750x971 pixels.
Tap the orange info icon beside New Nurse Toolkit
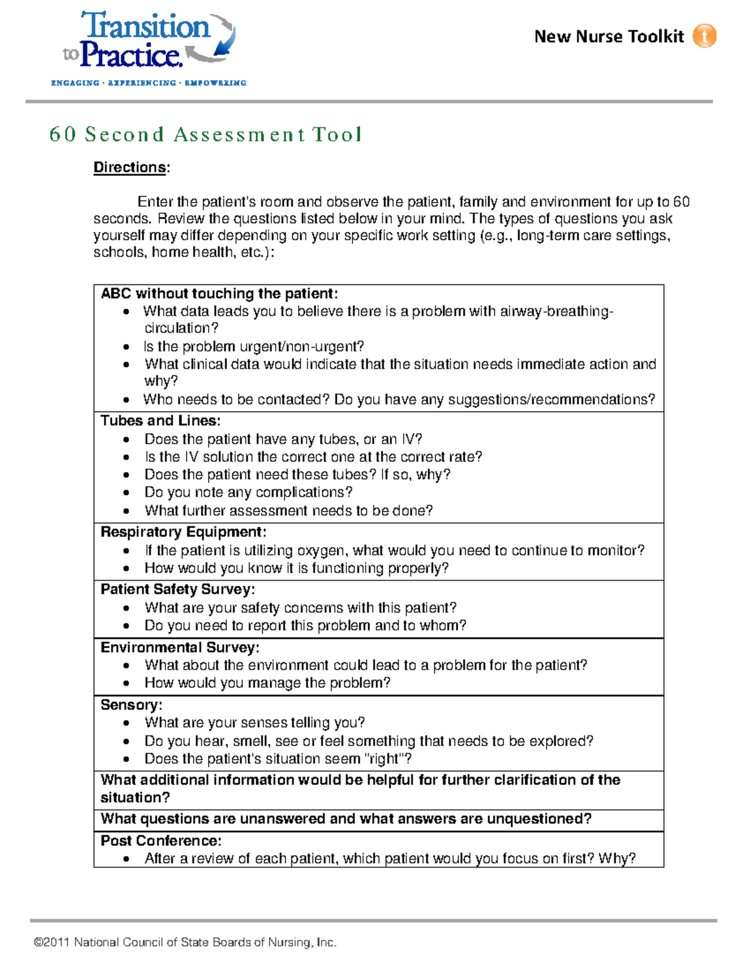pyautogui.click(x=704, y=36)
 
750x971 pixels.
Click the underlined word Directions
pyautogui.click(x=130, y=168)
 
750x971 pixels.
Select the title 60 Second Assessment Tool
pyautogui.click(x=206, y=134)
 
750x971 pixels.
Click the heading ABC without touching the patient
pyautogui.click(x=219, y=294)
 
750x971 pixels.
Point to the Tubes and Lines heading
pyautogui.click(x=161, y=421)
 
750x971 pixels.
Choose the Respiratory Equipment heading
pyautogui.click(x=184, y=532)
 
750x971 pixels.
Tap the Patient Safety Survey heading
pyautogui.click(x=178, y=590)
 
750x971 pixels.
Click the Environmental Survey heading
pyautogui.click(x=180, y=647)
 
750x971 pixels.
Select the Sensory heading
pyautogui.click(x=131, y=705)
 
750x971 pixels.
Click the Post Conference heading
pyautogui.click(x=161, y=841)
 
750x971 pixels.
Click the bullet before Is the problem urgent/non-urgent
pyautogui.click(x=126, y=347)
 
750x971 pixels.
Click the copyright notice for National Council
pyautogui.click(x=186, y=942)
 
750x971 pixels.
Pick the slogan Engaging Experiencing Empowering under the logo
pyautogui.click(x=149, y=83)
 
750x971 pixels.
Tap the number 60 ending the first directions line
pyautogui.click(x=681, y=202)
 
